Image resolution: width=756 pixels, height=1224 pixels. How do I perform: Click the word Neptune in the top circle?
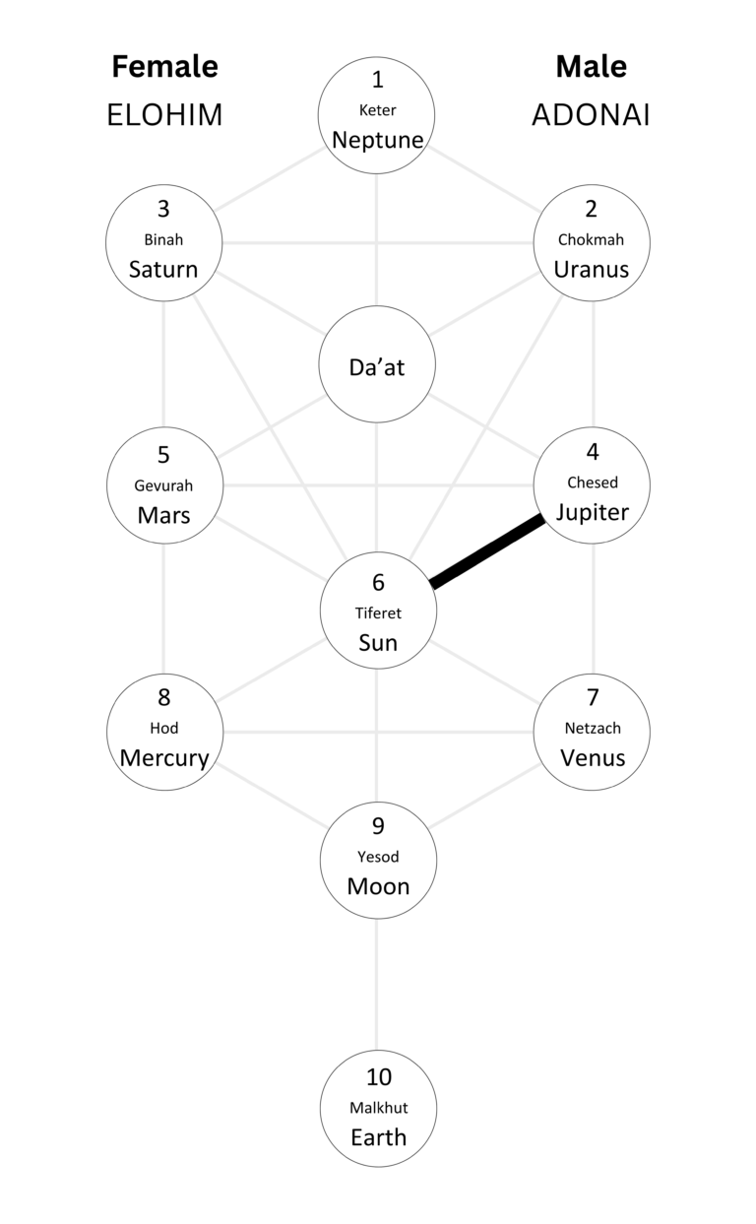(x=378, y=140)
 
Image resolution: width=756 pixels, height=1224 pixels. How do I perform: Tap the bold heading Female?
(x=164, y=67)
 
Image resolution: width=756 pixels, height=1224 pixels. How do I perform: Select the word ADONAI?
(x=591, y=115)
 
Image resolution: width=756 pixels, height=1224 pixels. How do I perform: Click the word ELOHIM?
(x=164, y=115)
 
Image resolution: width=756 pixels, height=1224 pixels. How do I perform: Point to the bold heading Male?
(x=591, y=67)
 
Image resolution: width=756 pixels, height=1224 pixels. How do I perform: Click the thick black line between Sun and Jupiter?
(x=487, y=552)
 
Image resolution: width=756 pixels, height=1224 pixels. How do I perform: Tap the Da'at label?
(x=378, y=367)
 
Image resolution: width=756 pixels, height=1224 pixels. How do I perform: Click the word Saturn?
(x=163, y=269)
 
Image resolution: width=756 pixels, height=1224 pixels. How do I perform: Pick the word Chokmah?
(x=591, y=239)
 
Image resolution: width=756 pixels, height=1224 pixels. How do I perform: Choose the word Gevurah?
(x=163, y=485)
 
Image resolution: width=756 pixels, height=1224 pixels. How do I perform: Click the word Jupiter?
(x=592, y=512)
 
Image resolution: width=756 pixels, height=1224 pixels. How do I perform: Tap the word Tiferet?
(x=378, y=612)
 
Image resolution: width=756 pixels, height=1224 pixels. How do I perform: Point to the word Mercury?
(x=164, y=758)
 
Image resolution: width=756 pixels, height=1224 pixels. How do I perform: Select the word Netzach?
(x=593, y=729)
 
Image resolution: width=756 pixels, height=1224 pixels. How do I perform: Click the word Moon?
(x=378, y=886)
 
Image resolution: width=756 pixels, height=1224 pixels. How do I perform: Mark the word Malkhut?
(x=378, y=1108)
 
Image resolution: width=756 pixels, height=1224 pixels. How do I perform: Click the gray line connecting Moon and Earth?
(x=377, y=985)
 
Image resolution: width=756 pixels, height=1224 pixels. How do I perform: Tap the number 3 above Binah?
(x=163, y=209)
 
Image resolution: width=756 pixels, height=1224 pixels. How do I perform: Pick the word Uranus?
(x=591, y=269)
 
